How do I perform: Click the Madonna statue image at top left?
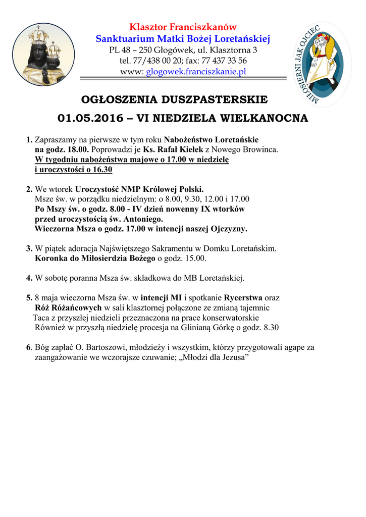click(x=43, y=54)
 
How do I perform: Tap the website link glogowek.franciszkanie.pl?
click(x=196, y=72)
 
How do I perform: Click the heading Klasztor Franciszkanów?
click(x=183, y=27)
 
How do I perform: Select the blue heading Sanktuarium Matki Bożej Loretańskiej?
click(x=183, y=38)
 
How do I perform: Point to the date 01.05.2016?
click(x=90, y=118)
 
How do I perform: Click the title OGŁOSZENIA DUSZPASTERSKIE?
click(x=182, y=98)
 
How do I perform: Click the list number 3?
click(x=29, y=249)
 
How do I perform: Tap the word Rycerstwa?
click(x=243, y=298)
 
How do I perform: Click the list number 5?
click(x=29, y=298)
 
